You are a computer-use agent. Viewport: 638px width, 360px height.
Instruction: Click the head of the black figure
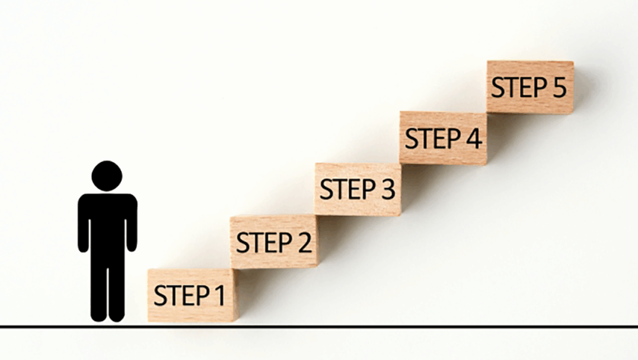tap(107, 176)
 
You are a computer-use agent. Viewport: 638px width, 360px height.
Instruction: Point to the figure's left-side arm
tap(83, 224)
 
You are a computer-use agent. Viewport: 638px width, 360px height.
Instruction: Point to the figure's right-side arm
tap(131, 224)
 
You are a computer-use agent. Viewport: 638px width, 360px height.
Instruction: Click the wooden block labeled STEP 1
tap(193, 295)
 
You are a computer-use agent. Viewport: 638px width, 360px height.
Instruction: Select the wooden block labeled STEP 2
tap(274, 242)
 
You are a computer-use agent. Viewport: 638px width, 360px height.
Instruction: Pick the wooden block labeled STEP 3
tap(358, 189)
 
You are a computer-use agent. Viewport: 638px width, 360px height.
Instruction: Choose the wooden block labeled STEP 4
tap(443, 138)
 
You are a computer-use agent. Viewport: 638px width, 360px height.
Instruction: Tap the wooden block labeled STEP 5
tap(530, 87)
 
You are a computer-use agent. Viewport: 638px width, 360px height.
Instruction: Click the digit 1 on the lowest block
tap(220, 295)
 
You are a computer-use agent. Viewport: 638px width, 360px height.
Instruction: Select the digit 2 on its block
tap(304, 242)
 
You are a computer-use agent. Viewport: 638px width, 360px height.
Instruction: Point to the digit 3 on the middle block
tap(388, 189)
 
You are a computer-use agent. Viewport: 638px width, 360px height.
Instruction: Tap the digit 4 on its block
tap(474, 138)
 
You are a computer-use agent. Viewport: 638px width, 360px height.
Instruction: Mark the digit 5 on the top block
tap(559, 87)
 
